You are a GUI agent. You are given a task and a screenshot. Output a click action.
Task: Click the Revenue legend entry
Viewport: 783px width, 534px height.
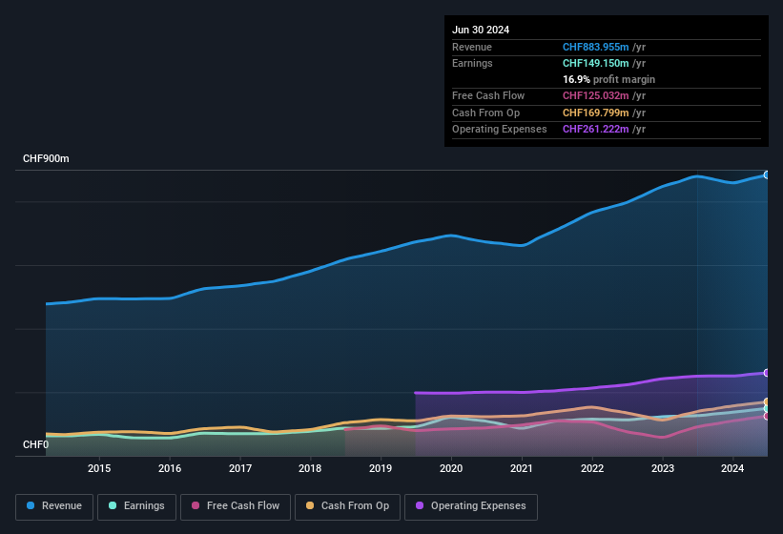(55, 506)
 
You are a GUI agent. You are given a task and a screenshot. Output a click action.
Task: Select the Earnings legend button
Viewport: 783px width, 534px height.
(136, 506)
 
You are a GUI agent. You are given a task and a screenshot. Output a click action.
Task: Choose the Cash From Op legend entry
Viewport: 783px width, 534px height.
(348, 506)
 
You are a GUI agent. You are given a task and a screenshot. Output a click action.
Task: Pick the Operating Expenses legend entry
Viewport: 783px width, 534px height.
(471, 506)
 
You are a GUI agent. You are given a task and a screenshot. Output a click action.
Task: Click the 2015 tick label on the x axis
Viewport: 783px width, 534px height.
(99, 468)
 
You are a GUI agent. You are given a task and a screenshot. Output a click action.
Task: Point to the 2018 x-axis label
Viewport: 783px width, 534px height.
(310, 468)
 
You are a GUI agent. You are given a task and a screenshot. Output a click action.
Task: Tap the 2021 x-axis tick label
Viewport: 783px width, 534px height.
(522, 468)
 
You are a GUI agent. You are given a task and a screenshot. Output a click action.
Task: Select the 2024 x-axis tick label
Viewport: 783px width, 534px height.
(732, 468)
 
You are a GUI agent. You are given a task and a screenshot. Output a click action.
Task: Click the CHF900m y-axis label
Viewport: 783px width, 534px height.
(46, 159)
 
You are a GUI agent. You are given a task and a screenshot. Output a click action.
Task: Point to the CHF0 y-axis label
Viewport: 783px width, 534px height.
(35, 445)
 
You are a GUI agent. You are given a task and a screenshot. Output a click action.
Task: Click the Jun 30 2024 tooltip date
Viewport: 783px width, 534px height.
(481, 30)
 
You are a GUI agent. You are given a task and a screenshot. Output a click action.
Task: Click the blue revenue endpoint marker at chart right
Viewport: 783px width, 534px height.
(766, 175)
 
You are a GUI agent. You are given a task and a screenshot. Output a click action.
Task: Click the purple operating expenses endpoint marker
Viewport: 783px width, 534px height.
(766, 373)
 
